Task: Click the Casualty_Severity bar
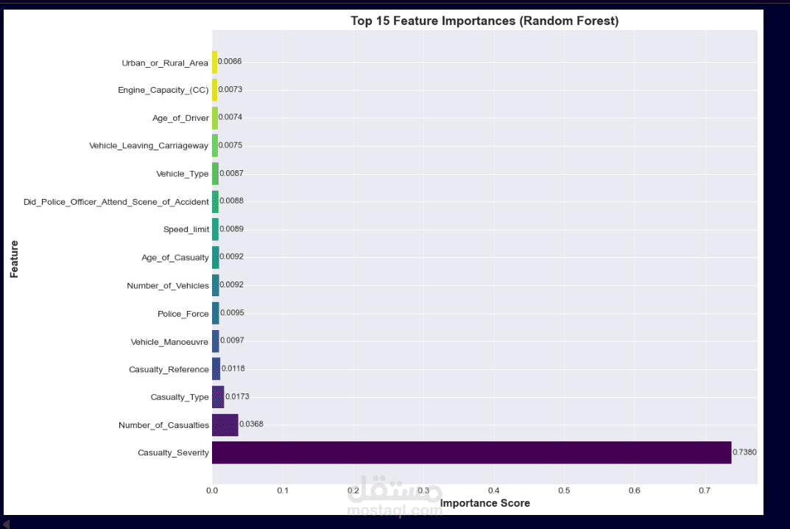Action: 471,452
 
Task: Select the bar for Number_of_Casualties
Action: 225,425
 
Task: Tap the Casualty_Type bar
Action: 218,397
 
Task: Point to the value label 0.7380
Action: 744,452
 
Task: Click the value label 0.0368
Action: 251,424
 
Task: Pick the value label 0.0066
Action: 230,62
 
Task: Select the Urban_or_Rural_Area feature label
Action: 165,63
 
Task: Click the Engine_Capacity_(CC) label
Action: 163,90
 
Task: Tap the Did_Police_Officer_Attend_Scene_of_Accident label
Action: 116,201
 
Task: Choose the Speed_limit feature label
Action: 186,229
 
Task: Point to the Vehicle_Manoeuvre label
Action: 169,342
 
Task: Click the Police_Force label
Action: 183,314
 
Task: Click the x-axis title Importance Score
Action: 484,504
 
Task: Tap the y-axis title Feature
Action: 15,259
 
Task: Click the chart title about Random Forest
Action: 484,21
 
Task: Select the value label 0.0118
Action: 233,368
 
